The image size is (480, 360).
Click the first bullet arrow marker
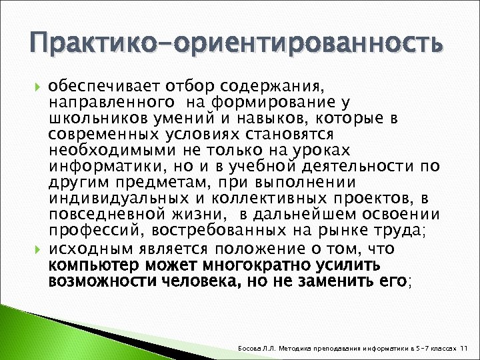tap(37, 87)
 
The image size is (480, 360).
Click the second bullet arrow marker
tap(37, 249)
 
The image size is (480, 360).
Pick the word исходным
tap(91, 249)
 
